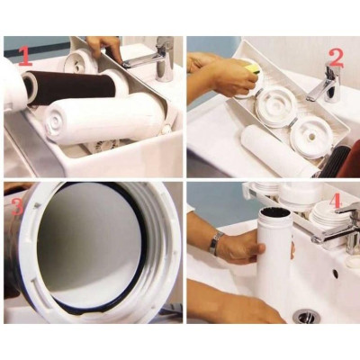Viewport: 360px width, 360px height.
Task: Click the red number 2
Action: tap(335, 58)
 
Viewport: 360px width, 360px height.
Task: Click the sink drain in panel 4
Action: tap(307, 317)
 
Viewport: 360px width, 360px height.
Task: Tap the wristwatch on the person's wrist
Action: tap(216, 243)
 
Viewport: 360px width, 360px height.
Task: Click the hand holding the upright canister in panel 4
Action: tap(241, 247)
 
